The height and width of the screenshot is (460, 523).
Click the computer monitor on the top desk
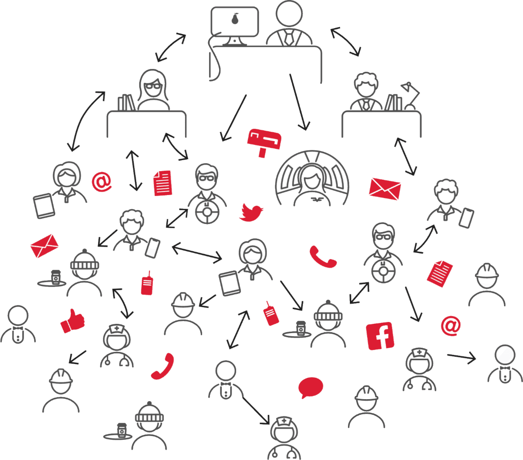pyautogui.click(x=235, y=23)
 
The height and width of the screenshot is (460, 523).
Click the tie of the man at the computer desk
pyautogui.click(x=289, y=38)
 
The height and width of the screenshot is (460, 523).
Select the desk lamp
pyautogui.click(x=410, y=95)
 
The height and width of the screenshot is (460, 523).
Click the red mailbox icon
pyautogui.click(x=264, y=140)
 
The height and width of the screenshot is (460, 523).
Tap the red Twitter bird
pyautogui.click(x=251, y=212)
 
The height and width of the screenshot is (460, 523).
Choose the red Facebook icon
pyautogui.click(x=380, y=336)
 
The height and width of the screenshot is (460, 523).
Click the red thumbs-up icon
pyautogui.click(x=72, y=321)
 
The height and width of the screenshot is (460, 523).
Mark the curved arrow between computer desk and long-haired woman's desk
pyautogui.click(x=171, y=47)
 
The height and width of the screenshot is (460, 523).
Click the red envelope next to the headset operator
pyautogui.click(x=385, y=188)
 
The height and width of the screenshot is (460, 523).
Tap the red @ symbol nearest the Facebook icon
pyautogui.click(x=450, y=326)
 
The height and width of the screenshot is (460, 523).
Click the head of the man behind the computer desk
pyautogui.click(x=289, y=15)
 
